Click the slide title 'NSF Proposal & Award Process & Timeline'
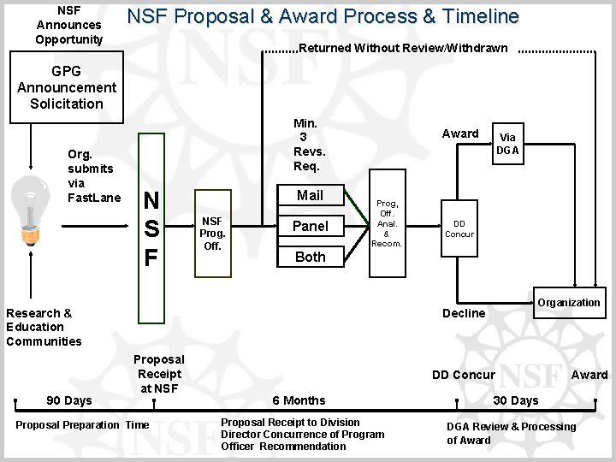tap(323, 16)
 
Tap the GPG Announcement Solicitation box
tap(66, 87)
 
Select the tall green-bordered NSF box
tap(151, 228)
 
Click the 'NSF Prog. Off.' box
tap(212, 233)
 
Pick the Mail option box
tap(310, 195)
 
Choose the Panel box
tap(310, 226)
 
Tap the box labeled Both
tap(310, 257)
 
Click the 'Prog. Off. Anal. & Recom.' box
tap(386, 223)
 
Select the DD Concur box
tap(459, 228)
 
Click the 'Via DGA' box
tap(507, 144)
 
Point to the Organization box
tap(569, 303)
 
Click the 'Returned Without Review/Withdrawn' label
tap(403, 48)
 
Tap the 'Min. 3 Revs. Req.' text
tap(307, 145)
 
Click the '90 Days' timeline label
tap(68, 400)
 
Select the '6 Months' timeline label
tap(299, 400)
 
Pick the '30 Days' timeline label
tap(515, 400)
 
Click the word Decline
tap(464, 313)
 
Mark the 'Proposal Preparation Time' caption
tap(82, 425)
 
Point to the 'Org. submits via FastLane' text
tap(94, 176)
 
